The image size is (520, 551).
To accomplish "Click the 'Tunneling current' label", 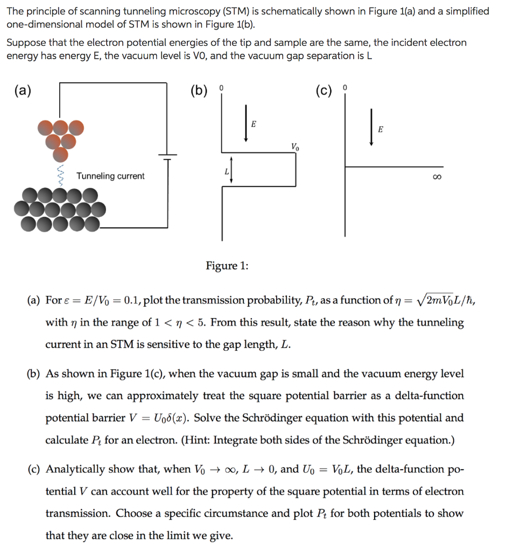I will (x=110, y=176).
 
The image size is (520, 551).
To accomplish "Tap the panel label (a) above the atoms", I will (x=22, y=90).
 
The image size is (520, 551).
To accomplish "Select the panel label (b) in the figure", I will (x=199, y=90).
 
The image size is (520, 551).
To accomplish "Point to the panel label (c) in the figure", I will (x=324, y=90).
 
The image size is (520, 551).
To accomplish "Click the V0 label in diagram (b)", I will (x=294, y=146).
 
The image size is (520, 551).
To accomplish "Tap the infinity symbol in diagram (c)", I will (x=438, y=176).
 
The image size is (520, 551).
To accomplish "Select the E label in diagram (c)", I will (x=381, y=129).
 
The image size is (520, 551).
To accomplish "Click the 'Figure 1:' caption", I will (x=227, y=265).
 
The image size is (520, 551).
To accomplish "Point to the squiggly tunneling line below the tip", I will (x=60, y=174).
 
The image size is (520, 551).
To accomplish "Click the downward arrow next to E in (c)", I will (x=371, y=127).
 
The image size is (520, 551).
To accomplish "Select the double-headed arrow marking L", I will (x=231, y=170).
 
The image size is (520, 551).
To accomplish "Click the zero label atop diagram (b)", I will (x=221, y=87).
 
